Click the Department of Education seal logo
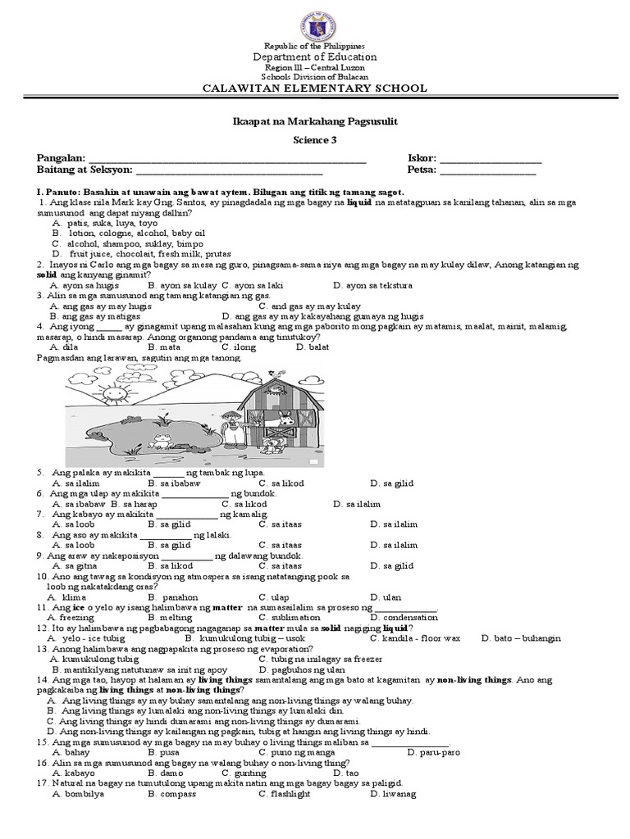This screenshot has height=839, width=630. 315,21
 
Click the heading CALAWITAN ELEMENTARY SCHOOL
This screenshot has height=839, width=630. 315,88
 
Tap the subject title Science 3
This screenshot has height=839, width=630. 315,139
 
